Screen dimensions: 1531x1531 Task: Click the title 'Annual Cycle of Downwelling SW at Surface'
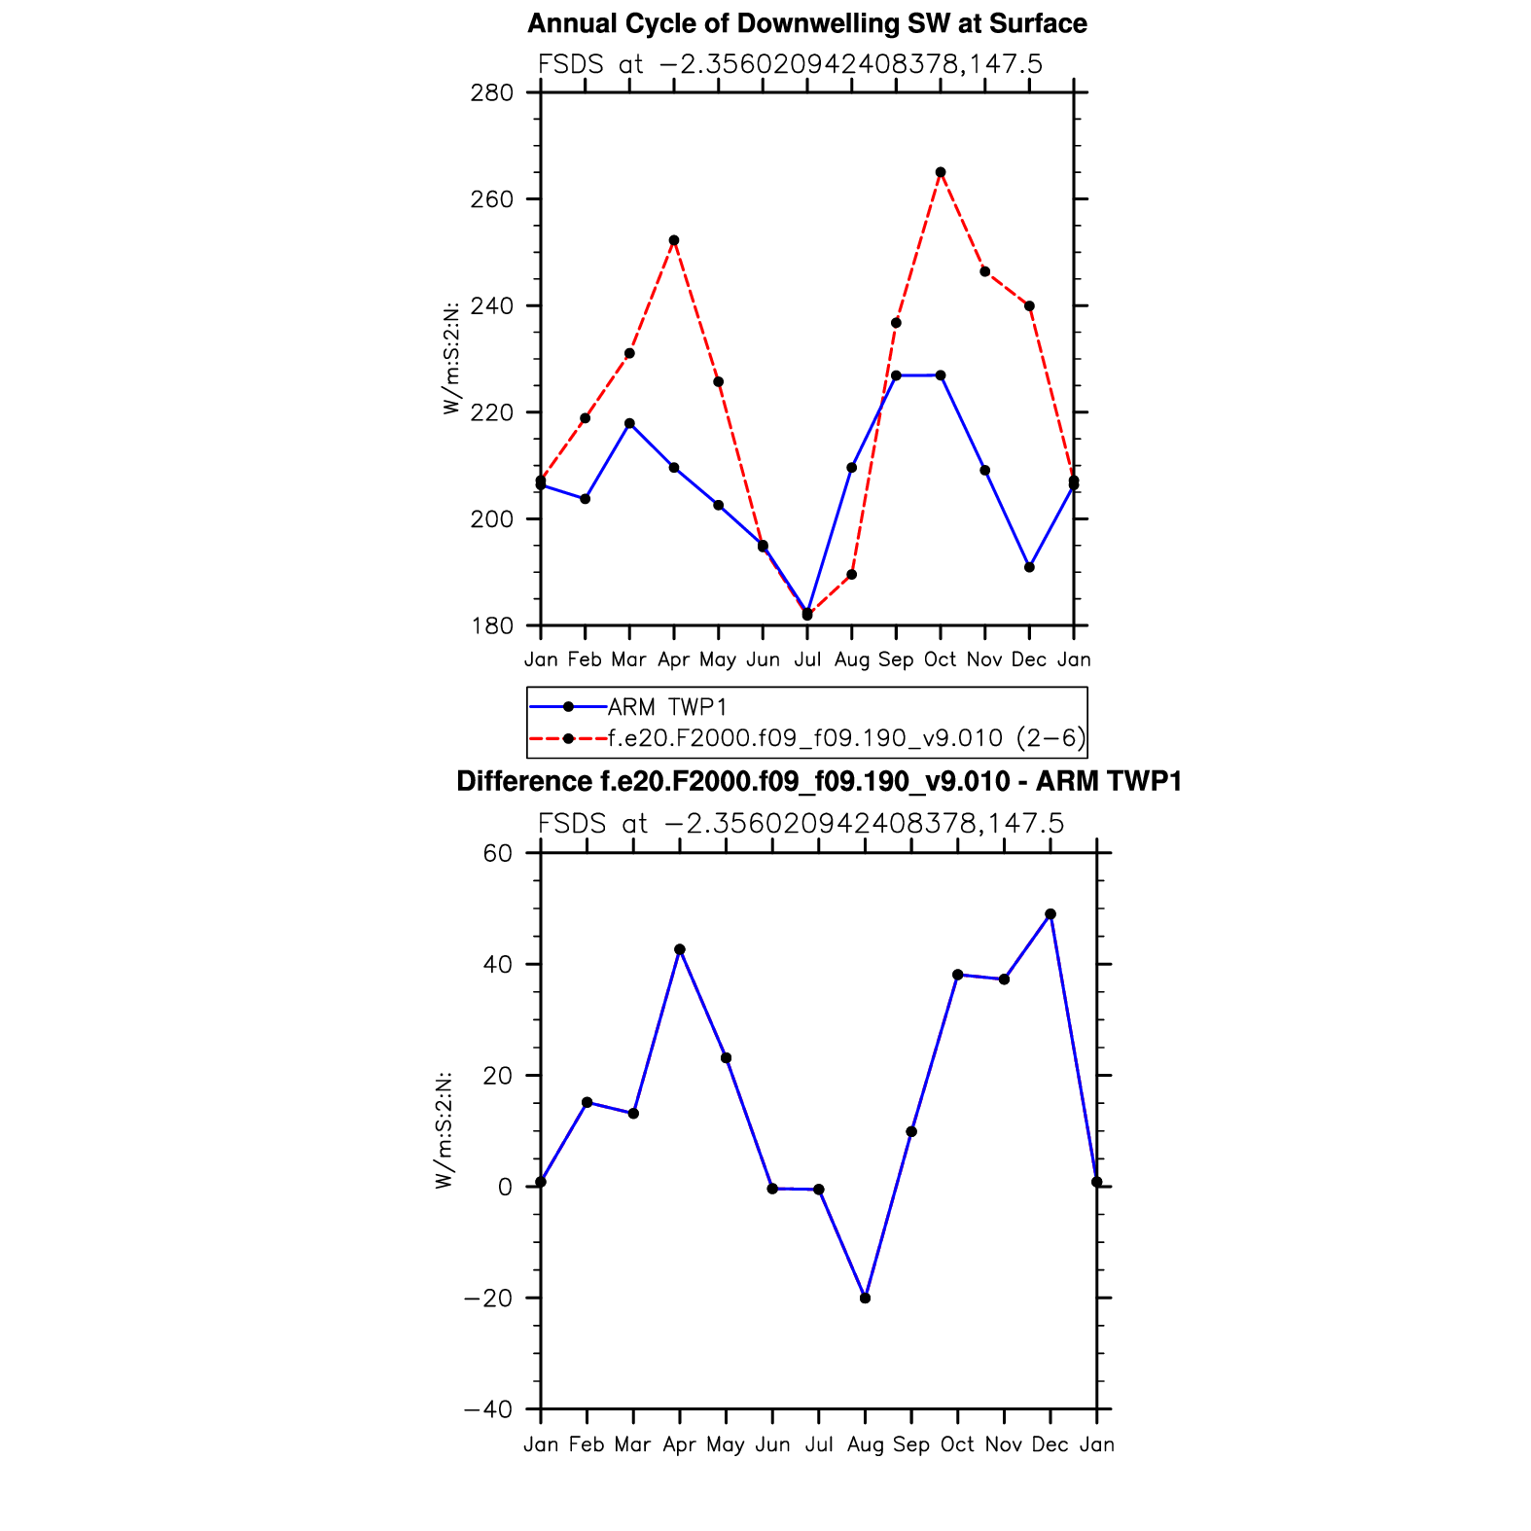[806, 23]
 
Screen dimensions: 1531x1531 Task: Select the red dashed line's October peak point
[941, 172]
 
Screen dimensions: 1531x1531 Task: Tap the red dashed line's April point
[674, 240]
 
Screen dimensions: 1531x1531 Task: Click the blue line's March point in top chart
[629, 423]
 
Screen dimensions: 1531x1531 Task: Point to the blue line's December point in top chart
[1029, 567]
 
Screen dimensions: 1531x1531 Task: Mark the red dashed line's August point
[852, 575]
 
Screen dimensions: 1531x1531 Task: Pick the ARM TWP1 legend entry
[667, 707]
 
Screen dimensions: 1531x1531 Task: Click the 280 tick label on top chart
[492, 93]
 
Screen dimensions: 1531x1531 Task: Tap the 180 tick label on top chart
[492, 626]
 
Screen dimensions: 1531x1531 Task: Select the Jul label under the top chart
[807, 660]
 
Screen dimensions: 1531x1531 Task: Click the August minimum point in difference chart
[866, 1298]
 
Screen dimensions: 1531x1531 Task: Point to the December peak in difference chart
[1050, 914]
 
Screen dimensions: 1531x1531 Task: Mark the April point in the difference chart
[680, 949]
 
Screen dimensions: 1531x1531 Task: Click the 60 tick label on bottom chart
[497, 854]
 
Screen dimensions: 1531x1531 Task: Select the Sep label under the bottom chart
[911, 1445]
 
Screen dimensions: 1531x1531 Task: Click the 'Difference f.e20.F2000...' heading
[819, 782]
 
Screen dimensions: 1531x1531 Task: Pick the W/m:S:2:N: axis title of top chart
[451, 359]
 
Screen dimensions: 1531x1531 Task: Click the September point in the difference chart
[911, 1131]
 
